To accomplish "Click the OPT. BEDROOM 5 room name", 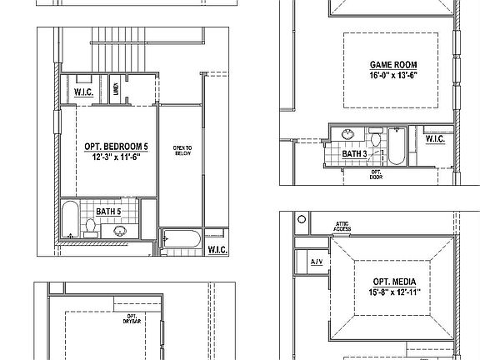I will point(111,146).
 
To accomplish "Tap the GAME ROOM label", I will point(393,65).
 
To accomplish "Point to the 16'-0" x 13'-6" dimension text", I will point(393,75).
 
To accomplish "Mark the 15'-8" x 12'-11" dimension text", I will point(395,292).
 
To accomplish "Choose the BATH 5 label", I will point(109,212).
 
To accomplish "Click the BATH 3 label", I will point(355,154).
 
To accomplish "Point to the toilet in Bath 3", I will point(374,140).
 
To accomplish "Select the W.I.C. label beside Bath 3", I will point(434,139).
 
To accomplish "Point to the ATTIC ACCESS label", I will point(342,226).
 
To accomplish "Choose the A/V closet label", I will point(317,262).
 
